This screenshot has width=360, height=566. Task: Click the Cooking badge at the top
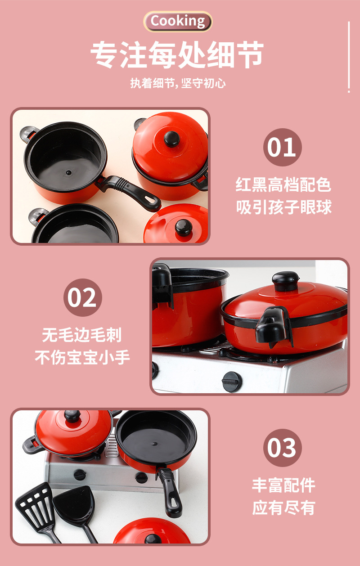click(x=178, y=21)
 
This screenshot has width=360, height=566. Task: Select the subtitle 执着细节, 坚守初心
click(x=178, y=83)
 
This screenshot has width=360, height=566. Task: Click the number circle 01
click(x=282, y=148)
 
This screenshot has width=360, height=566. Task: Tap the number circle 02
click(x=82, y=297)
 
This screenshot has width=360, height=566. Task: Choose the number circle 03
click(x=282, y=448)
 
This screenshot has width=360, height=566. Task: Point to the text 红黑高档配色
click(x=283, y=184)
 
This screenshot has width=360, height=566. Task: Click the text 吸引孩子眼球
click(x=283, y=207)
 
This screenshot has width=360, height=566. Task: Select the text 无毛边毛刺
click(x=82, y=335)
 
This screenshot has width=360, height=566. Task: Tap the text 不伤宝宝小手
click(x=82, y=357)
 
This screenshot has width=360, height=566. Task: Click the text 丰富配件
click(x=283, y=485)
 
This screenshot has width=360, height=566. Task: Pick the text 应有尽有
click(x=283, y=508)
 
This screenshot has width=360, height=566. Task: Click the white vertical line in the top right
click(x=349, y=57)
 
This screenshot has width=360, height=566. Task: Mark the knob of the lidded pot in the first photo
click(x=171, y=138)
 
